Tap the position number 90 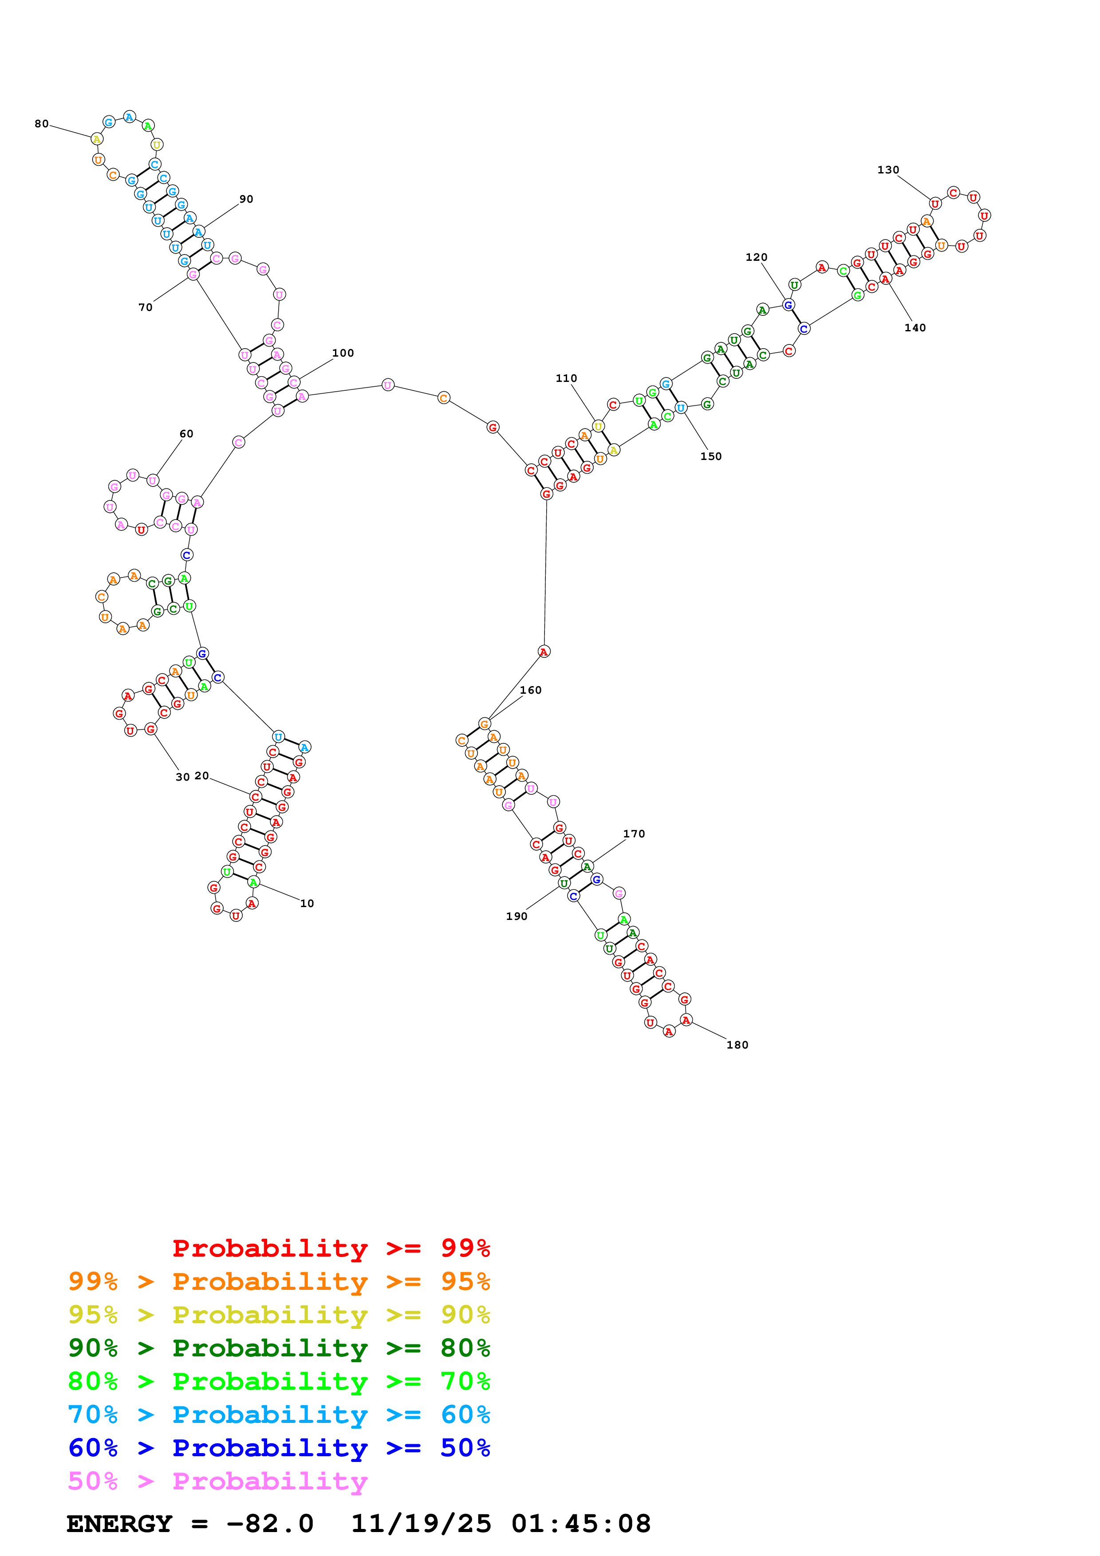[246, 199]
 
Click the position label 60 [186, 434]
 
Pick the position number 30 [182, 777]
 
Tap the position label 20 [202, 776]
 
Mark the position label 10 [307, 904]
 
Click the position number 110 [566, 378]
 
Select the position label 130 [888, 170]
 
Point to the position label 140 [915, 328]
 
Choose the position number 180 [737, 1045]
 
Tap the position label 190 [516, 916]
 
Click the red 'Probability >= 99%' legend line [331, 1248]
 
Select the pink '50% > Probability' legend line [217, 1481]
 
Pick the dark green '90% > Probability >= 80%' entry [279, 1348]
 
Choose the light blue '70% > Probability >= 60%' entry [279, 1415]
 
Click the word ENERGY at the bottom [119, 1524]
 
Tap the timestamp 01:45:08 [581, 1524]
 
